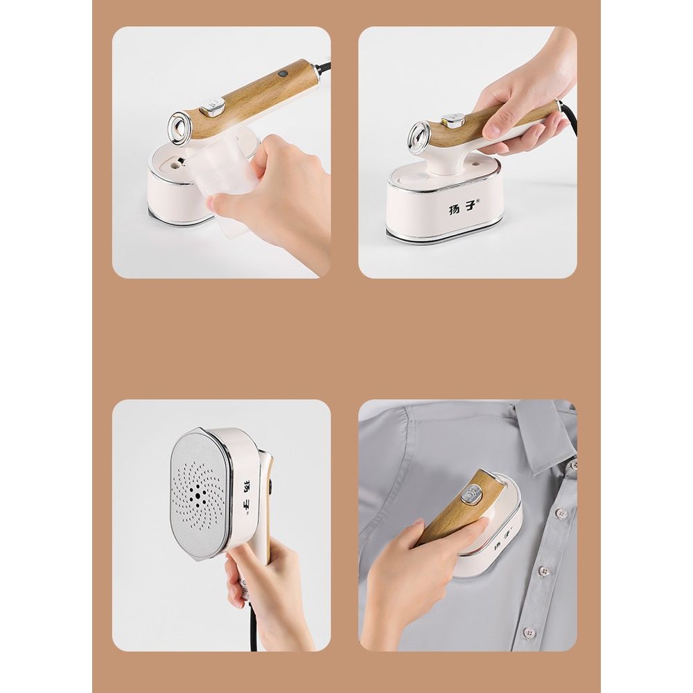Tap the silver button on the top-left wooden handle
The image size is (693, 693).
213,108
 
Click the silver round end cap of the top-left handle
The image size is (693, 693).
179,126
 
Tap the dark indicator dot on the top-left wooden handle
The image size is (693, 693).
283,73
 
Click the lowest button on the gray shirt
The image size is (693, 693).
529,633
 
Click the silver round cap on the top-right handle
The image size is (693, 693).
419,135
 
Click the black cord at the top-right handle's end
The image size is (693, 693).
570,119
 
